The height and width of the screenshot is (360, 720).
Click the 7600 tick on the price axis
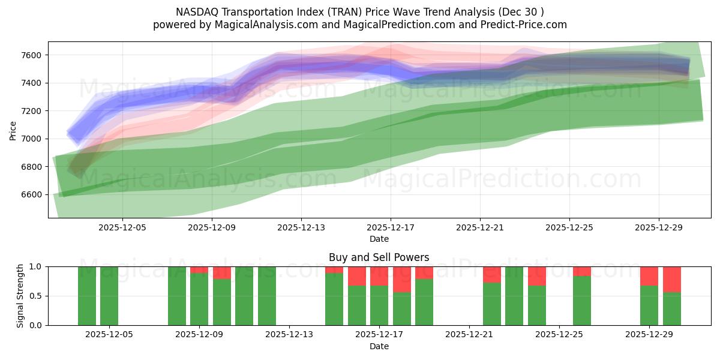pyautogui.click(x=32, y=55)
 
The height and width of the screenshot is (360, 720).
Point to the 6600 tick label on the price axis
pyautogui.click(x=32, y=194)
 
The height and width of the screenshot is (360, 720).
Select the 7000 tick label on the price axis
pyautogui.click(x=32, y=139)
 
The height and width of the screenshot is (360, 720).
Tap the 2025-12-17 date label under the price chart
pyautogui.click(x=391, y=228)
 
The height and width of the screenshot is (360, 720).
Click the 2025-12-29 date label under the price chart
pyautogui.click(x=659, y=228)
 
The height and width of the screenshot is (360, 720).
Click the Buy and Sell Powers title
pyautogui.click(x=379, y=257)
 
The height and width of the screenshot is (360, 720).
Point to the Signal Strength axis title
pyautogui.click(x=20, y=296)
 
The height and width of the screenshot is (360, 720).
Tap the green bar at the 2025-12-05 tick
pyautogui.click(x=109, y=296)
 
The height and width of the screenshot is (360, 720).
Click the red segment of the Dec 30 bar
pyautogui.click(x=672, y=279)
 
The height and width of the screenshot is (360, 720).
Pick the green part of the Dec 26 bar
pyautogui.click(x=582, y=300)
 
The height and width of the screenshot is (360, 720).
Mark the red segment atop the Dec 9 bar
pyautogui.click(x=199, y=269)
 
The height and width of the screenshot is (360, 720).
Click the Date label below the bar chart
pyautogui.click(x=379, y=346)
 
